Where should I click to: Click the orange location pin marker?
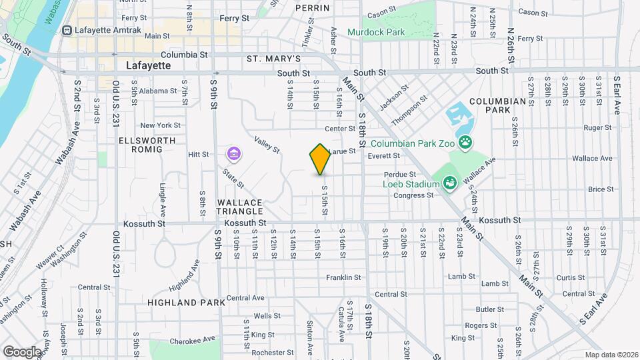click(x=321, y=159)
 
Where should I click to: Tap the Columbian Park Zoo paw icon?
click(x=465, y=142)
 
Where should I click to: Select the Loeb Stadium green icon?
click(x=449, y=182)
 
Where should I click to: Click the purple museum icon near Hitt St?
click(x=233, y=155)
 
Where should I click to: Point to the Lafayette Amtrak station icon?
click(x=67, y=31)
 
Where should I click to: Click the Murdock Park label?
click(x=376, y=32)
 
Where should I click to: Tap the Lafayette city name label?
click(x=149, y=66)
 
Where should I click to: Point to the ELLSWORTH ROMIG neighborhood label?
click(x=147, y=145)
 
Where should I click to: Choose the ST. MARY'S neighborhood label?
click(x=274, y=59)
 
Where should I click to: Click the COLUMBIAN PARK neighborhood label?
click(x=497, y=105)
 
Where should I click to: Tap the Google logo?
click(x=22, y=351)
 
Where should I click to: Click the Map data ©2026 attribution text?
click(x=611, y=355)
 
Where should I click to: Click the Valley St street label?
click(x=267, y=144)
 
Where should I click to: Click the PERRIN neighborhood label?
click(x=313, y=8)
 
